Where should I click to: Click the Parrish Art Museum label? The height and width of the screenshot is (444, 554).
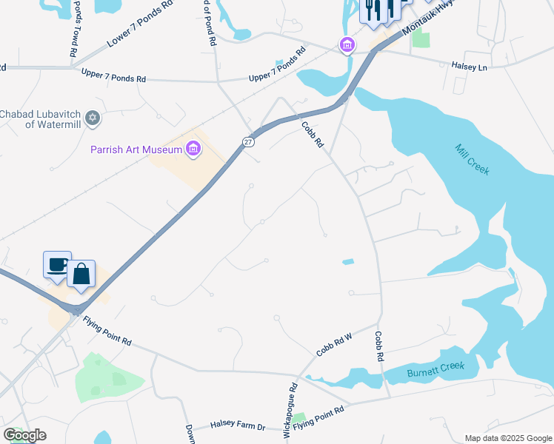click(x=136, y=149)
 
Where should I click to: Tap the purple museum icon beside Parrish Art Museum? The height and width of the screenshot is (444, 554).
click(x=193, y=149)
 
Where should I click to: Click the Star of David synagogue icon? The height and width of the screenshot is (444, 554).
click(x=93, y=118)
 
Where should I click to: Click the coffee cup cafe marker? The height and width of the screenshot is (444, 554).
click(x=57, y=264)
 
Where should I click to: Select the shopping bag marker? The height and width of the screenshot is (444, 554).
click(x=81, y=274)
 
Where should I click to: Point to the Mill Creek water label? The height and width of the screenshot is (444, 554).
click(x=472, y=158)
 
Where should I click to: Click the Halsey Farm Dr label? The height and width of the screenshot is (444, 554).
click(x=238, y=425)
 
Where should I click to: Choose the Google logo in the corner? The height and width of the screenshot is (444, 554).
click(x=24, y=435)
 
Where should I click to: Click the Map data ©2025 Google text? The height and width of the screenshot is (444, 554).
click(x=507, y=438)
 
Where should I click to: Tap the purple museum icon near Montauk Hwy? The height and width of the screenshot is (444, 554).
click(x=347, y=45)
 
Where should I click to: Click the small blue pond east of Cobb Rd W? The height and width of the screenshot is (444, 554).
click(x=347, y=261)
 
